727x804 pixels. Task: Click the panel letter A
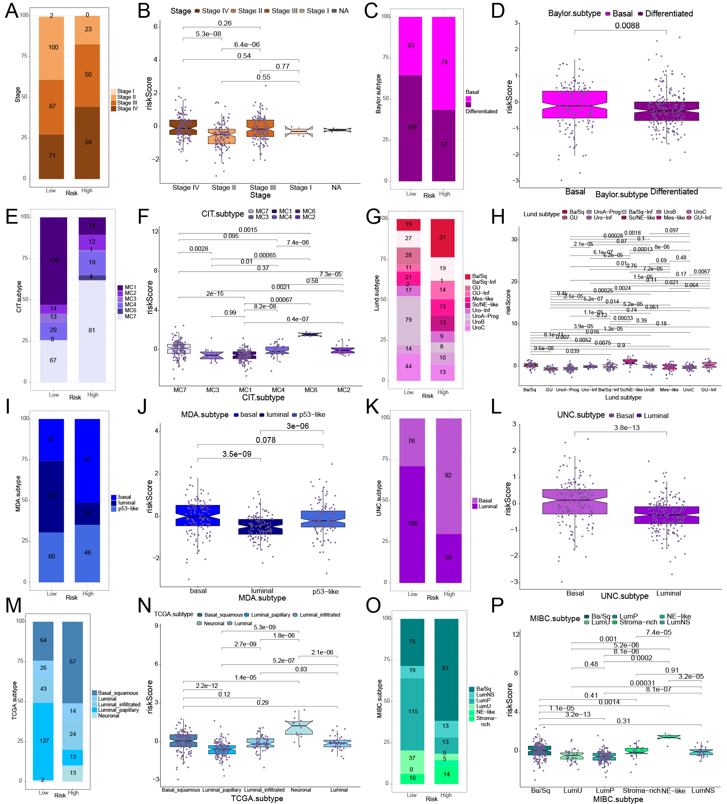[x=12, y=11]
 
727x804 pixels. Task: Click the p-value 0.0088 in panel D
[x=627, y=26]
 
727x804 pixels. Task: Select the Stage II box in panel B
[x=222, y=136]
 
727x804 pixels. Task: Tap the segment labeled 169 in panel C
[x=410, y=128]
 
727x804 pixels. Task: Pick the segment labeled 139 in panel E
[x=54, y=260]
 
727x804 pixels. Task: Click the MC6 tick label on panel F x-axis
[x=311, y=390]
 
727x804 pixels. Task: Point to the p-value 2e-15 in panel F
[x=215, y=294]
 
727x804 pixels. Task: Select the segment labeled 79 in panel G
[x=408, y=320]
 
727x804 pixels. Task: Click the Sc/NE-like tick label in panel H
[x=631, y=390]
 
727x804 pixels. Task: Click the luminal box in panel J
[x=260, y=527]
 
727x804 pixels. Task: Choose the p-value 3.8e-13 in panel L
[x=626, y=428]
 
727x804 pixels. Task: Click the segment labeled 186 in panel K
[x=412, y=524]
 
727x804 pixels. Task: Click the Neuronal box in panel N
[x=299, y=728]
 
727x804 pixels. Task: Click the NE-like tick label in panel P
[x=673, y=791]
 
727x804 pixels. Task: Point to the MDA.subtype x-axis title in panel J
[x=262, y=598]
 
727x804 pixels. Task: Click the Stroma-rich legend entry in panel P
[x=635, y=622]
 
